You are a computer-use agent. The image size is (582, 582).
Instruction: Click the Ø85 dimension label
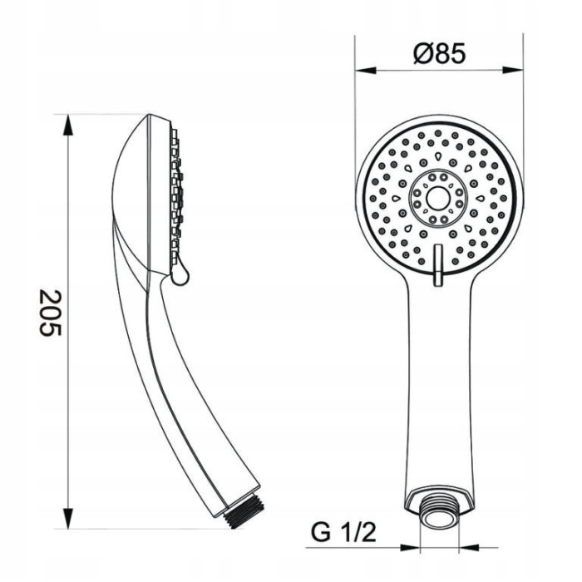[439, 53]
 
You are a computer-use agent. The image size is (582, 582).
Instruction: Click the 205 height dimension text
[50, 313]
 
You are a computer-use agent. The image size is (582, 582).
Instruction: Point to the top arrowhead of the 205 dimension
[67, 126]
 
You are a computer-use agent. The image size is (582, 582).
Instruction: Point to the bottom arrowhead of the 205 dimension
[67, 518]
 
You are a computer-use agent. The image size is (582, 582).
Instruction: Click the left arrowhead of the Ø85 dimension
[366, 70]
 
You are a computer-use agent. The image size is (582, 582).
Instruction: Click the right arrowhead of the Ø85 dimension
[512, 70]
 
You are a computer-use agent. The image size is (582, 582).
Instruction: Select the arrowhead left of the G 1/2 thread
[410, 547]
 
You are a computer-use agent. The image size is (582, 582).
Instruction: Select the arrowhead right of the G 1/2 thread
[469, 547]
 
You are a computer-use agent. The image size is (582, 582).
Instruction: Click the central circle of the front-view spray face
[438, 198]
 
